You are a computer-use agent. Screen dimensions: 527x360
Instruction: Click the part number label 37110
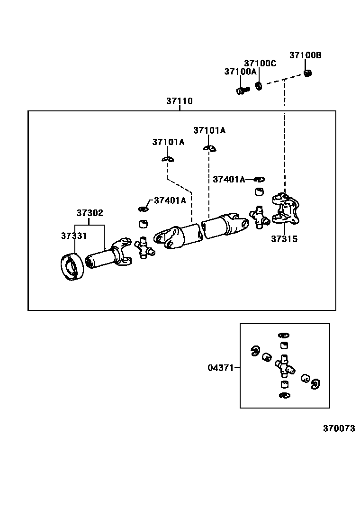(179, 101)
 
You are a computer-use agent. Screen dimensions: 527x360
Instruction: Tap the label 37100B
(305, 55)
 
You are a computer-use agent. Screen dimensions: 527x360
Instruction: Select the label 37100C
(260, 63)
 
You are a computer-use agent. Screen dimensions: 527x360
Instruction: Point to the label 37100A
(240, 72)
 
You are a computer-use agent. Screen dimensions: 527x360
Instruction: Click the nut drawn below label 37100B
(307, 73)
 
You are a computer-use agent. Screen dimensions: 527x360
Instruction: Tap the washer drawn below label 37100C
(259, 86)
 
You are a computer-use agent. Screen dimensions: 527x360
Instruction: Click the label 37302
(90, 213)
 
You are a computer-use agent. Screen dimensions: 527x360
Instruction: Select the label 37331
(73, 236)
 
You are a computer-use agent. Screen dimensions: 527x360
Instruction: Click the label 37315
(284, 239)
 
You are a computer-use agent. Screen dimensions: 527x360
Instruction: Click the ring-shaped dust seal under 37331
(73, 268)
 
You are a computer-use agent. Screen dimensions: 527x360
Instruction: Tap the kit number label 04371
(220, 367)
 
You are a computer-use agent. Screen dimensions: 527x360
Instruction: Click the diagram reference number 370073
(339, 428)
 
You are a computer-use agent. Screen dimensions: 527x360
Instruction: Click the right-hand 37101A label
(209, 130)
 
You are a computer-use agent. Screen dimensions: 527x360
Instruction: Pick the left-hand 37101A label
(168, 142)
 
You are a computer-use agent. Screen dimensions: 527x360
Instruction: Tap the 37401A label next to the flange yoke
(229, 179)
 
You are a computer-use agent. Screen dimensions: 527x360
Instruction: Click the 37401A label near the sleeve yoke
(170, 200)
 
